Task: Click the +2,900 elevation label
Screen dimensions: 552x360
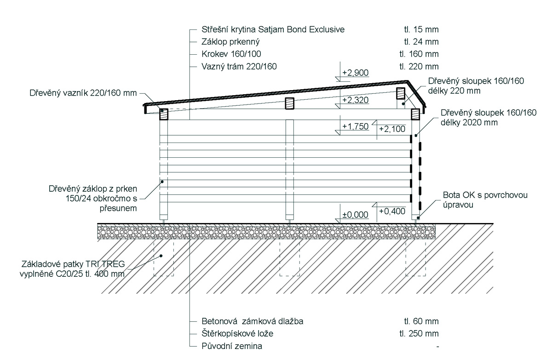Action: click(x=355, y=73)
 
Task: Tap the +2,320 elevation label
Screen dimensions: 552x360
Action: click(x=355, y=100)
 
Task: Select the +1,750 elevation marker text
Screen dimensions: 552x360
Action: click(x=355, y=126)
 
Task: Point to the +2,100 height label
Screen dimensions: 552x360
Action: click(x=392, y=129)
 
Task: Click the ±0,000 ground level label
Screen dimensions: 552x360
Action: click(x=355, y=215)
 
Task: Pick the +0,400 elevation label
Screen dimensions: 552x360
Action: click(x=392, y=211)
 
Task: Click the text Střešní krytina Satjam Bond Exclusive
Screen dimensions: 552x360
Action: click(x=273, y=29)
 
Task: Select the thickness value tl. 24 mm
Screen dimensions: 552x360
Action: click(x=421, y=42)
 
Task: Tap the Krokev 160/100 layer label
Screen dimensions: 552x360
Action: click(x=231, y=54)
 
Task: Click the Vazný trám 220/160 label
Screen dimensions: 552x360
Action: click(x=239, y=67)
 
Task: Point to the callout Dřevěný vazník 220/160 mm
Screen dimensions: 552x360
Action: click(x=83, y=93)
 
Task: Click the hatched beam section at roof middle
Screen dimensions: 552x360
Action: click(x=289, y=103)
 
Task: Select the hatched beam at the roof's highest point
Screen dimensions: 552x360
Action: click(x=401, y=93)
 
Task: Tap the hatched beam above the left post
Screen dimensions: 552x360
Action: click(x=164, y=114)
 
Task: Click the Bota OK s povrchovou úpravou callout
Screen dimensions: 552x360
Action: click(x=485, y=200)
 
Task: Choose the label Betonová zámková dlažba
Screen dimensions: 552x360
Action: click(x=253, y=321)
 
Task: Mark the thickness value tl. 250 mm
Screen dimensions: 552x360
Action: click(x=419, y=334)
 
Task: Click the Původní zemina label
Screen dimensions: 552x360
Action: click(x=232, y=346)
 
